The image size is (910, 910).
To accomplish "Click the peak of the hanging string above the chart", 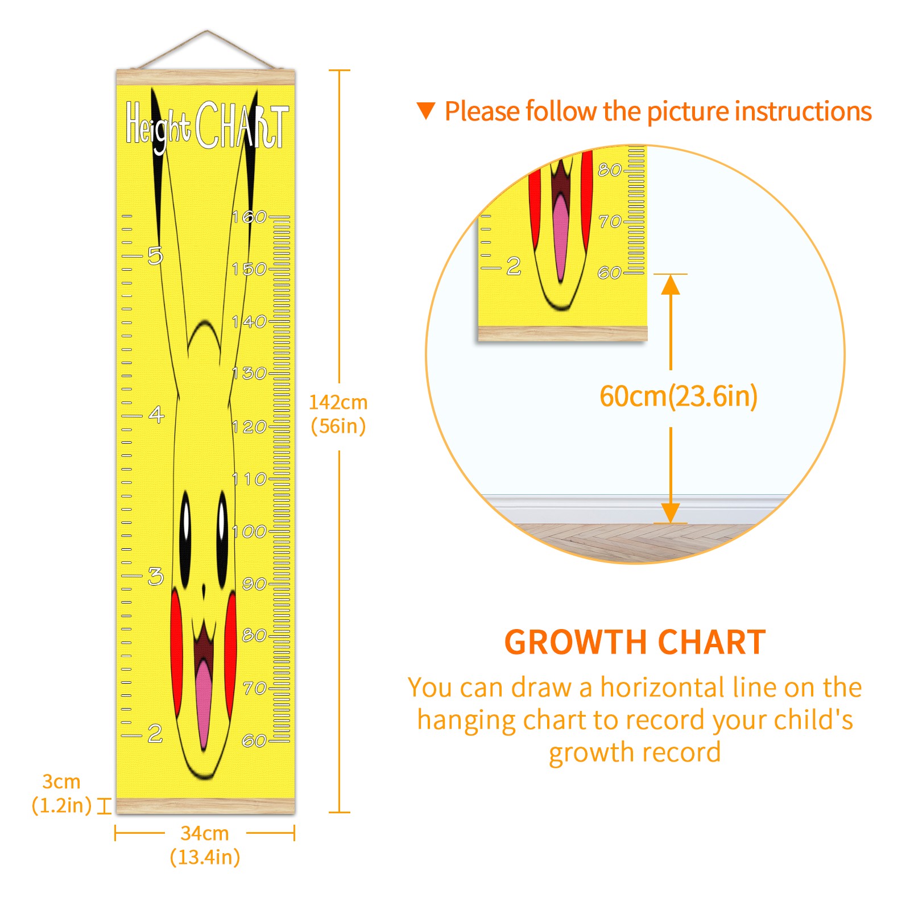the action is [x=207, y=31].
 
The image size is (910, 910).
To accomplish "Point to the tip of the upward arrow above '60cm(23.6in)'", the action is [x=671, y=275].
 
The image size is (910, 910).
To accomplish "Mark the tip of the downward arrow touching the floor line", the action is [x=671, y=522].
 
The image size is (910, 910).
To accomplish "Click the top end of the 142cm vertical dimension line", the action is [x=340, y=71].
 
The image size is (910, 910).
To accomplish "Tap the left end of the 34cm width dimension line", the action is [x=115, y=834].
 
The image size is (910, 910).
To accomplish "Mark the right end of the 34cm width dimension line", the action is [x=294, y=834].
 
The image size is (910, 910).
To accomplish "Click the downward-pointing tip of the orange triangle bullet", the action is [x=426, y=119].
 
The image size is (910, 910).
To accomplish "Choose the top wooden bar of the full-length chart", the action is [x=206, y=77].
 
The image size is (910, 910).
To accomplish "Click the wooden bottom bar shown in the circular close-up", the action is [x=562, y=334].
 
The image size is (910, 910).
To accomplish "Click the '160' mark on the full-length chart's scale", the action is [x=249, y=217].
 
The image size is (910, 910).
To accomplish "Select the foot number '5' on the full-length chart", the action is [x=155, y=255].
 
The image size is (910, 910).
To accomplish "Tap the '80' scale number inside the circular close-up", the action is [x=610, y=169].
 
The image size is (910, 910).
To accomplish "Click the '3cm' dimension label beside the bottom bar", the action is [x=61, y=781].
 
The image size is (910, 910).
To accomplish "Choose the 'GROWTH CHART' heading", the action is [x=635, y=642].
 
